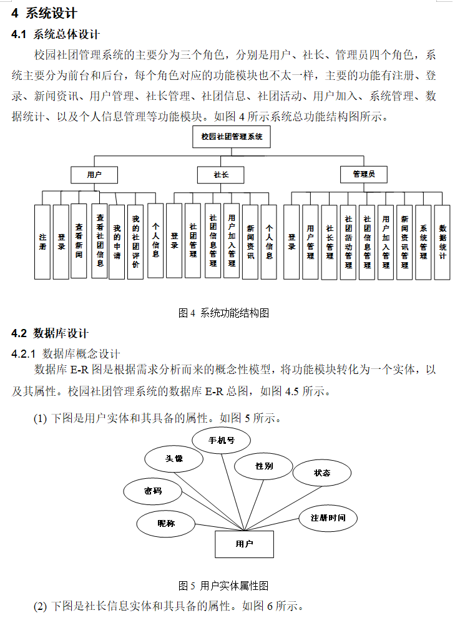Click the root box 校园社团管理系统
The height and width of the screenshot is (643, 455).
pos(232,136)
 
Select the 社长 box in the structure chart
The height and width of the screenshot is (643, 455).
pos(221,175)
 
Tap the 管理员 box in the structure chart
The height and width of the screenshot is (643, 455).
pos(363,174)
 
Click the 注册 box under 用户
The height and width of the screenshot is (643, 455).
pos(42,242)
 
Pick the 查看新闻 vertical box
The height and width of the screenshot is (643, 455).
pos(79,242)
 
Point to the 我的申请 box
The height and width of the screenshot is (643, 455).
pos(117,242)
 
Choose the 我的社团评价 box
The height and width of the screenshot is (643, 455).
pos(135,242)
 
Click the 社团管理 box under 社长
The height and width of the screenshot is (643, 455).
pos(193,241)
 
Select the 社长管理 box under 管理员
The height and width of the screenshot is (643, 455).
pos(330,242)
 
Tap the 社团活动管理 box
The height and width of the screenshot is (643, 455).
pos(348,242)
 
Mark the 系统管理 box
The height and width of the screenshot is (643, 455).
pos(423,242)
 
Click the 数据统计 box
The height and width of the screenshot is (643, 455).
pos(442,242)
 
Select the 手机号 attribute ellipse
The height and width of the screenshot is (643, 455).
pos(222,440)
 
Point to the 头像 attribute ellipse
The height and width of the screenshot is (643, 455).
pos(174,459)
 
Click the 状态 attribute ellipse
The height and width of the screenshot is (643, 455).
pos(322,473)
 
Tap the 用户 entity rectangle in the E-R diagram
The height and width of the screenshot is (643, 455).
pos(244,544)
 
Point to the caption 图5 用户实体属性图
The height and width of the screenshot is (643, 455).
pos(223,586)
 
